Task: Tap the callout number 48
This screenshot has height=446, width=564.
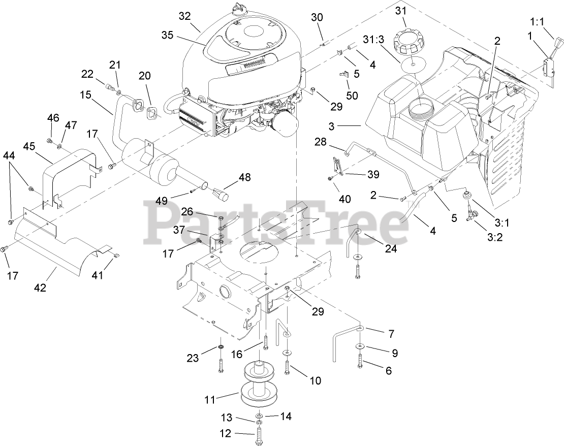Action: coord(245,178)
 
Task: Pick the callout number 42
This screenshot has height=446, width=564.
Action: coord(40,288)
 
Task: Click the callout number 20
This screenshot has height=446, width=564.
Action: coord(145,76)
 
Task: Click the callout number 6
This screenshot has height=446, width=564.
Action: coord(389,371)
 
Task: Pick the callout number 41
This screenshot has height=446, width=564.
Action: coord(111,276)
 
